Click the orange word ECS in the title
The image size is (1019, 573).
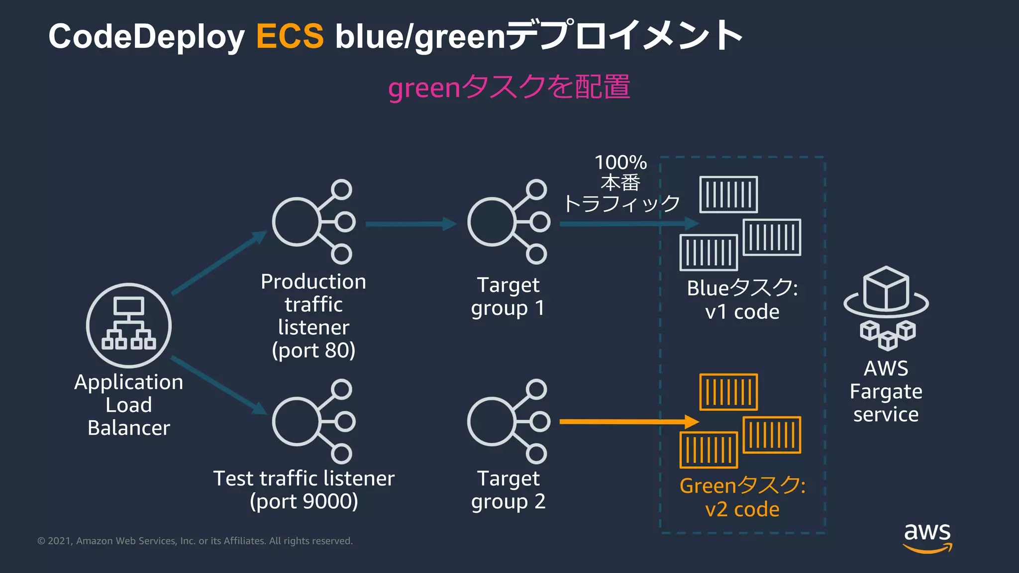pos(290,36)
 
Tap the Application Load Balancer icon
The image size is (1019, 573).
pos(129,325)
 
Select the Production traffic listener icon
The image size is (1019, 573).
pos(313,222)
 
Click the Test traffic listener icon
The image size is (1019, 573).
pos(313,422)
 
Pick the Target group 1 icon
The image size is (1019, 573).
pos(508,222)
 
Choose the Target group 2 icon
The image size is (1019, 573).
pos(508,422)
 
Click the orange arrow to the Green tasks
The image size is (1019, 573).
pos(627,422)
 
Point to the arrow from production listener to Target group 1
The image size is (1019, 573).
pos(410,224)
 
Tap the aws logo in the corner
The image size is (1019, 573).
pos(927,537)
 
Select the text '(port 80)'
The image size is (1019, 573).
pos(313,351)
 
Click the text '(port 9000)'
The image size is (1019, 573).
pos(304,501)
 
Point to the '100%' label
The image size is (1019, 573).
pos(620,163)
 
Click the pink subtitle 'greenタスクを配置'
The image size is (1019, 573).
pos(509,87)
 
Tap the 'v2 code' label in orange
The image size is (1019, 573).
pos(742,509)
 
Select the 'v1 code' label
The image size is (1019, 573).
pos(742,312)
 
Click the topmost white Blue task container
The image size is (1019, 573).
pos(728,194)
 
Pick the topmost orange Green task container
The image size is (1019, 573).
pos(728,392)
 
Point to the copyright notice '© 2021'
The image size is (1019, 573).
pos(55,541)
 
